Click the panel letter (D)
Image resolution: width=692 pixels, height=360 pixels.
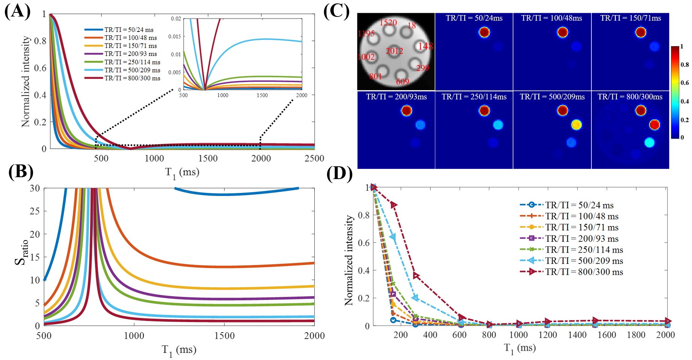coord(339,175)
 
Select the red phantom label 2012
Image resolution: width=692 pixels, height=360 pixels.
coord(394,51)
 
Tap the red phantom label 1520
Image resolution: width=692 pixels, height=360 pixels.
coord(388,23)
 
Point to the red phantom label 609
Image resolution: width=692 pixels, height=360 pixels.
coord(403,81)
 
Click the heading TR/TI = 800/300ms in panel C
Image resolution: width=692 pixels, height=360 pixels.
coord(630,97)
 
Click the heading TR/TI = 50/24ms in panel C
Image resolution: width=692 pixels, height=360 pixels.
coord(474,18)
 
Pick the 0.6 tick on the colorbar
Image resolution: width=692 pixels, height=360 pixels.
coord(685,83)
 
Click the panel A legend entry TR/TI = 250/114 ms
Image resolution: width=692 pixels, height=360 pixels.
coord(132,62)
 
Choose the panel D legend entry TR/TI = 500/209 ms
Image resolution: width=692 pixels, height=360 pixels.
coord(584,261)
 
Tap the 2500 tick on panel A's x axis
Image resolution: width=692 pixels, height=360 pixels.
coord(314,158)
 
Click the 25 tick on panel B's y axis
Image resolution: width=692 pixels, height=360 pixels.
coord(35,211)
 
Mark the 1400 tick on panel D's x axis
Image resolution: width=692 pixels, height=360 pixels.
coord(577,335)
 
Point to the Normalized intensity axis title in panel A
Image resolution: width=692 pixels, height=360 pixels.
coord(26,81)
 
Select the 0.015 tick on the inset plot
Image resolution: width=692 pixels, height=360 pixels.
coord(174,36)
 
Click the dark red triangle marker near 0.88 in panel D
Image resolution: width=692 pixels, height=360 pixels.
coord(393,205)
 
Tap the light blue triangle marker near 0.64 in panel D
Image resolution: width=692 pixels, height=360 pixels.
coord(393,237)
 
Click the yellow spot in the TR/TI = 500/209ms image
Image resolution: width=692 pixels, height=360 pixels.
coord(576,125)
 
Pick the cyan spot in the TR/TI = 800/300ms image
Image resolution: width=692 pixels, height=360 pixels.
coord(649,143)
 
